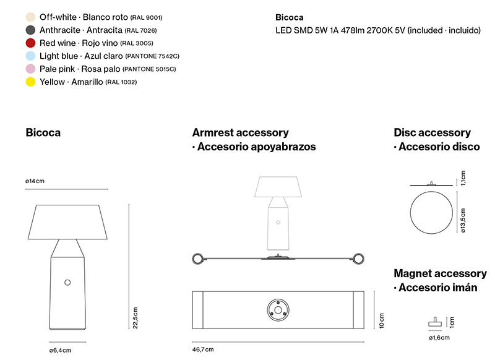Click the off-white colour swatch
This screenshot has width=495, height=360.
[30, 17]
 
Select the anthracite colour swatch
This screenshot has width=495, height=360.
[30, 30]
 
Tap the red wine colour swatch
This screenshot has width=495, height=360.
[30, 43]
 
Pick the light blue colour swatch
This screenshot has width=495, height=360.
[30, 56]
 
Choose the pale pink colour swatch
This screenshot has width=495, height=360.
[30, 69]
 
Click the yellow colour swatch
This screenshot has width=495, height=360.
[30, 82]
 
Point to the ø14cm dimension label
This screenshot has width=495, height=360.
[35, 181]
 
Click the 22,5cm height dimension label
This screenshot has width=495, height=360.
[136, 318]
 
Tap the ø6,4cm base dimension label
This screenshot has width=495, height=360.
[60, 350]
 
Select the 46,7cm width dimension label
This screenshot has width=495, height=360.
[203, 349]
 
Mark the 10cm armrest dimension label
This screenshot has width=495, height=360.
[382, 321]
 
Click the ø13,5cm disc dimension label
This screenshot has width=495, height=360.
[463, 221]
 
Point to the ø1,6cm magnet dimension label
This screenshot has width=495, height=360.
[439, 338]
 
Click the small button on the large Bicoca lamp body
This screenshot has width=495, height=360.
[67, 283]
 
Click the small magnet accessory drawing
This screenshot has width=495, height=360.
[435, 322]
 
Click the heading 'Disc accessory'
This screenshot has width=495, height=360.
[432, 132]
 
